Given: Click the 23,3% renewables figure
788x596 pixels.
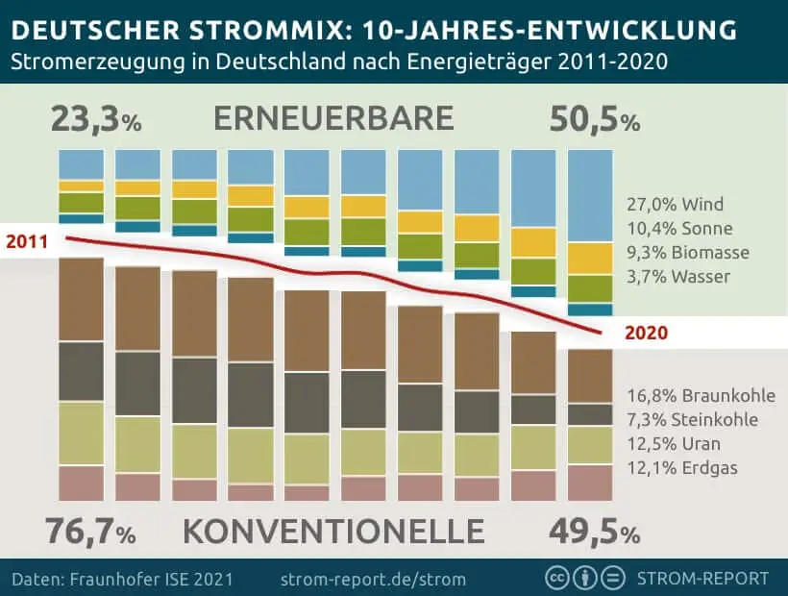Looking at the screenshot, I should (x=95, y=121).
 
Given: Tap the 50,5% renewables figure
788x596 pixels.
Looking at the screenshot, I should (x=594, y=121).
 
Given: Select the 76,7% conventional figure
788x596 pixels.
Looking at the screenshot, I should (x=90, y=530).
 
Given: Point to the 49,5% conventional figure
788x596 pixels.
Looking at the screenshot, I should (x=594, y=530).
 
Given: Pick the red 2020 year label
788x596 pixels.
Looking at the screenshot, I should (x=646, y=334).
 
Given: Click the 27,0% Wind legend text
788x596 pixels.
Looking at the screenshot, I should (x=674, y=205).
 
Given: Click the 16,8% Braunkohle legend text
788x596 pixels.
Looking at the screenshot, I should (x=701, y=396).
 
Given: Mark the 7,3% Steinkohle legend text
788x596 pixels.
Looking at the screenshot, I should (x=692, y=420).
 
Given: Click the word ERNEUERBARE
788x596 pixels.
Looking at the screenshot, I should (x=332, y=119).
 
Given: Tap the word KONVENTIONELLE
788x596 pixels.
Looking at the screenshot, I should (x=332, y=530).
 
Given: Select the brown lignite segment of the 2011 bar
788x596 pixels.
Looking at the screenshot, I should (x=81, y=299).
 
